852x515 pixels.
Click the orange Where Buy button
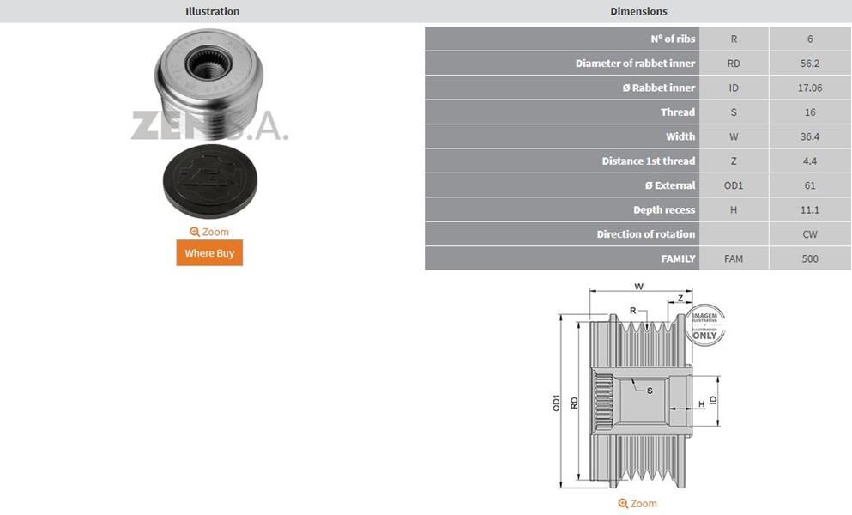[209, 253]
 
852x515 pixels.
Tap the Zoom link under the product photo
[209, 232]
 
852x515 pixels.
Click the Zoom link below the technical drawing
[637, 504]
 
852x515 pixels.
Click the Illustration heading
[213, 11]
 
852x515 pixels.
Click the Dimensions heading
[638, 11]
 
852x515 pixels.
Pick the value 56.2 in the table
[810, 63]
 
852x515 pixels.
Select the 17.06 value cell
[810, 88]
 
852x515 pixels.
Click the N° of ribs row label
[673, 39]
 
